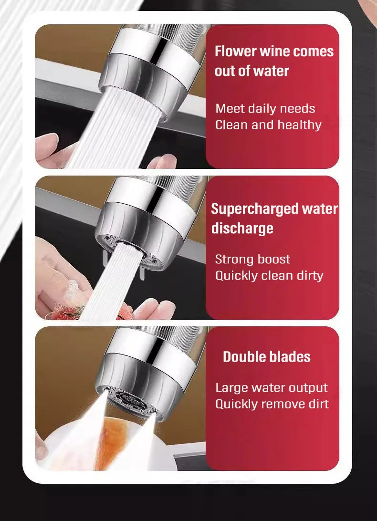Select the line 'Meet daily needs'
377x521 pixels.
pyautogui.click(x=265, y=109)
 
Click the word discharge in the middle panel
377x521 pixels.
pyautogui.click(x=242, y=228)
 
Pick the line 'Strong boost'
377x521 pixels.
pyautogui.click(x=252, y=260)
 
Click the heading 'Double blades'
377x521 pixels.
pyautogui.click(x=266, y=357)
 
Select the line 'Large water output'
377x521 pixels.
pyautogui.click(x=271, y=388)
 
